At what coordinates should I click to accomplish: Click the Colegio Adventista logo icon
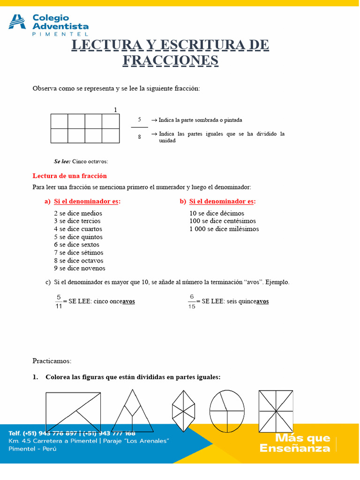(17, 22)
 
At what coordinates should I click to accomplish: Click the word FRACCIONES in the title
(171, 60)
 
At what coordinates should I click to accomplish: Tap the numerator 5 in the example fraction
(139, 120)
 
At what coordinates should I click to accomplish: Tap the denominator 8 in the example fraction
(139, 137)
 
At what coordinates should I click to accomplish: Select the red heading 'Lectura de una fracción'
(69, 176)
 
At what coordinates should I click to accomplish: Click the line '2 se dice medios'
(78, 213)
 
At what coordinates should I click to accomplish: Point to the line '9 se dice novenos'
(79, 269)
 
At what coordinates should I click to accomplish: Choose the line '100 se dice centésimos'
(222, 221)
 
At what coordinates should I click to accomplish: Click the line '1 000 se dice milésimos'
(224, 229)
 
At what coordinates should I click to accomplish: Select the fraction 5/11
(59, 301)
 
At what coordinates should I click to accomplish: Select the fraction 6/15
(192, 301)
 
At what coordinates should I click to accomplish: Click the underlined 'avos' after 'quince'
(262, 301)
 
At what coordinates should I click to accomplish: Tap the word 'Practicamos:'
(52, 361)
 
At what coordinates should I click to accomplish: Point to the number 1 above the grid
(115, 110)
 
